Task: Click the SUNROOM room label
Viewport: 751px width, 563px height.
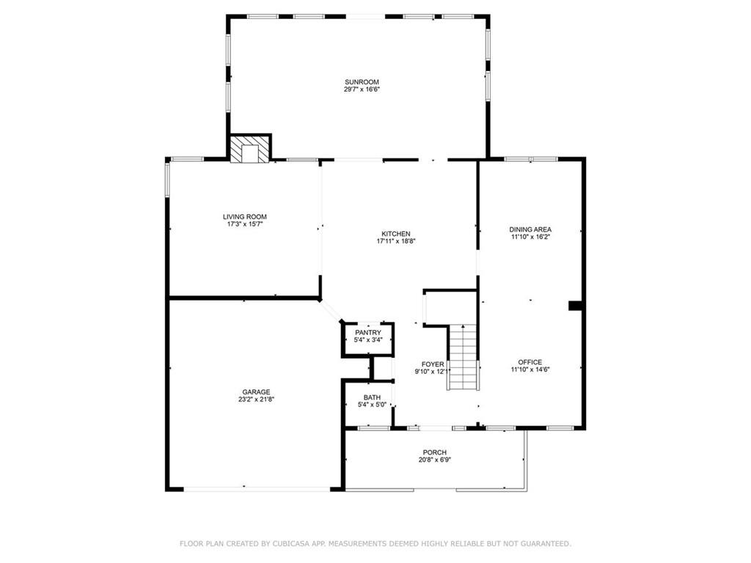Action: pyautogui.click(x=362, y=82)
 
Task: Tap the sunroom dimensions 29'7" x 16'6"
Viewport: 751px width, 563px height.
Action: pyautogui.click(x=362, y=89)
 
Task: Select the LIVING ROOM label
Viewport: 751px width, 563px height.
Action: pyautogui.click(x=245, y=217)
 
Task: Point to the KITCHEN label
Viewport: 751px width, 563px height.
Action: pyautogui.click(x=395, y=234)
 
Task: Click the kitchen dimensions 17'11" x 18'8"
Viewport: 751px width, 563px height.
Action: pyautogui.click(x=395, y=241)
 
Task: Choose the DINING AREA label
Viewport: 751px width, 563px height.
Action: pyautogui.click(x=530, y=229)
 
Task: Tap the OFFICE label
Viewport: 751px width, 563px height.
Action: pyautogui.click(x=530, y=362)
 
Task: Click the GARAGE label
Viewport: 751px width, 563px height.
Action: pyautogui.click(x=256, y=392)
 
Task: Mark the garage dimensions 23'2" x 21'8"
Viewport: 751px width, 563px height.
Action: pyautogui.click(x=256, y=400)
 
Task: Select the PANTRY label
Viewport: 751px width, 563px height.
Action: pyautogui.click(x=368, y=333)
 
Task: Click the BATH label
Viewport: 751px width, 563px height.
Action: pyautogui.click(x=372, y=397)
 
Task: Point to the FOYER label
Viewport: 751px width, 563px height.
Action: pyautogui.click(x=433, y=364)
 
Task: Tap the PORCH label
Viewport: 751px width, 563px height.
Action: pyautogui.click(x=434, y=452)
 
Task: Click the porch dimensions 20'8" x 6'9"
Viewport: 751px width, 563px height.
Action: pyautogui.click(x=434, y=460)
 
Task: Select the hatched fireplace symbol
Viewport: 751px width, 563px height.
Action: pyautogui.click(x=250, y=150)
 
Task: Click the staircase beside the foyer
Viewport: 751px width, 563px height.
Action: pyautogui.click(x=463, y=357)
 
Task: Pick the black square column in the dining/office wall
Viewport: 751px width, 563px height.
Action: pyautogui.click(x=575, y=306)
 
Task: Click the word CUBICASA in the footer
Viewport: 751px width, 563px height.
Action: pyautogui.click(x=291, y=543)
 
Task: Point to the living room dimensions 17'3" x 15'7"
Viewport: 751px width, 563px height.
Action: pyautogui.click(x=245, y=224)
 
